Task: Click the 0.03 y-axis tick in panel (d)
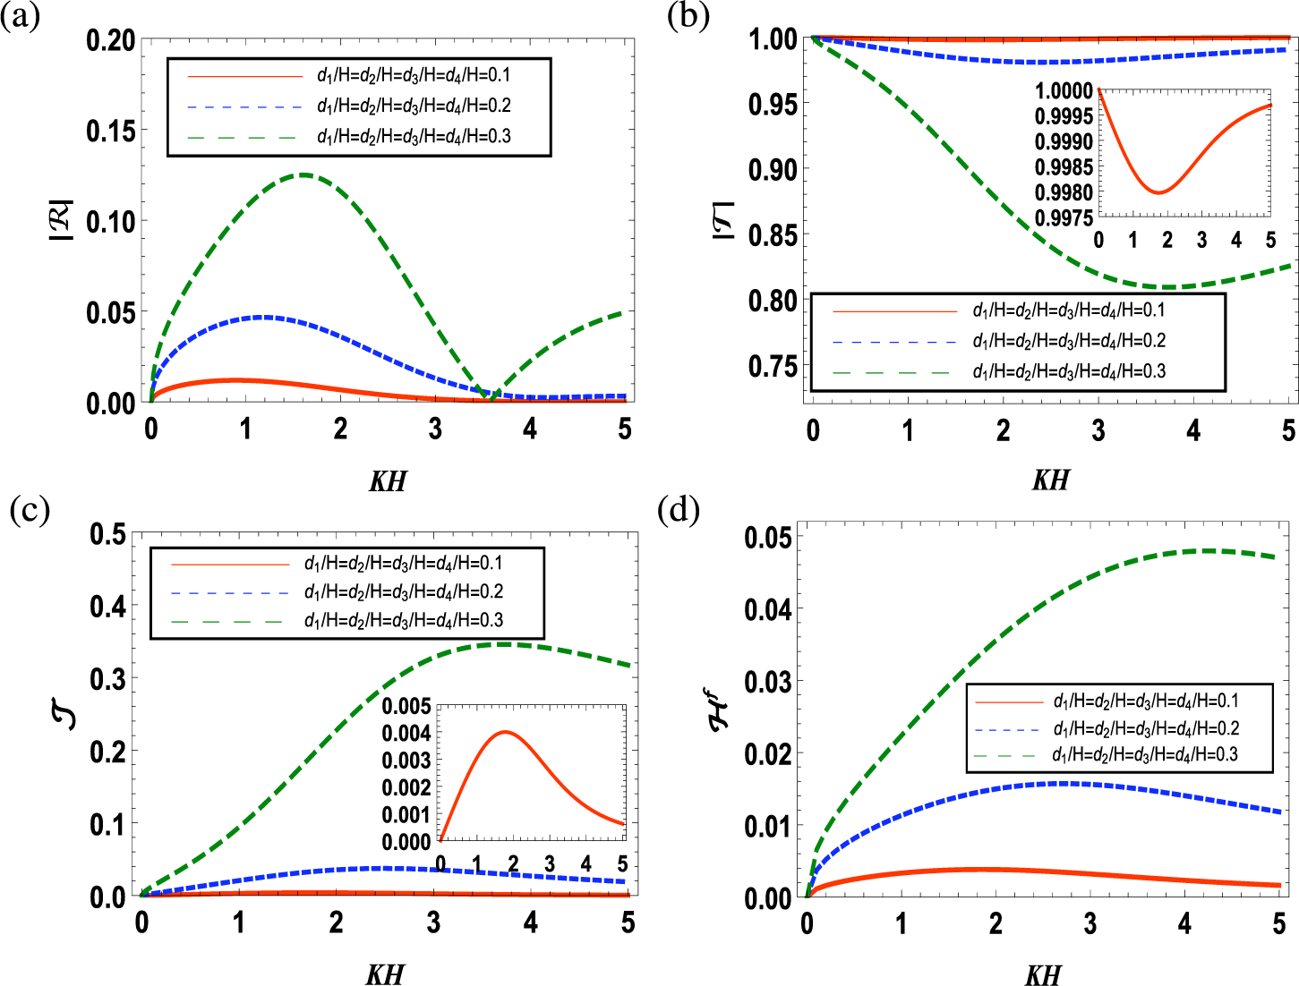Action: [x=768, y=682]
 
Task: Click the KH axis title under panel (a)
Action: [x=387, y=481]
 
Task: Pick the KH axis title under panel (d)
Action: [x=1043, y=974]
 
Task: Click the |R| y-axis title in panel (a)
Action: [x=68, y=217]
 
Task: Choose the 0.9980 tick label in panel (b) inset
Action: [x=1064, y=192]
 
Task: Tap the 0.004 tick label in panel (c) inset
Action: [x=406, y=733]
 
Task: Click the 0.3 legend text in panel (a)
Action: [x=414, y=136]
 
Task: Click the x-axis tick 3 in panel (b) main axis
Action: [x=1098, y=431]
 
